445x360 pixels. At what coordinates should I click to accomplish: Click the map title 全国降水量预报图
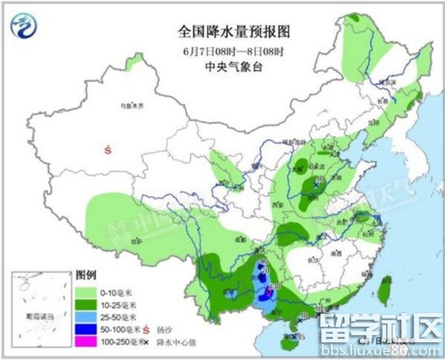pos(235,31)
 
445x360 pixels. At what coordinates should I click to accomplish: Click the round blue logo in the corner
pos(25,27)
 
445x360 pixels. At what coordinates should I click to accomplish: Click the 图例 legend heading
pos(87,275)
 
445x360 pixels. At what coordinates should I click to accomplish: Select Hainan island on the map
pos(296,335)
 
